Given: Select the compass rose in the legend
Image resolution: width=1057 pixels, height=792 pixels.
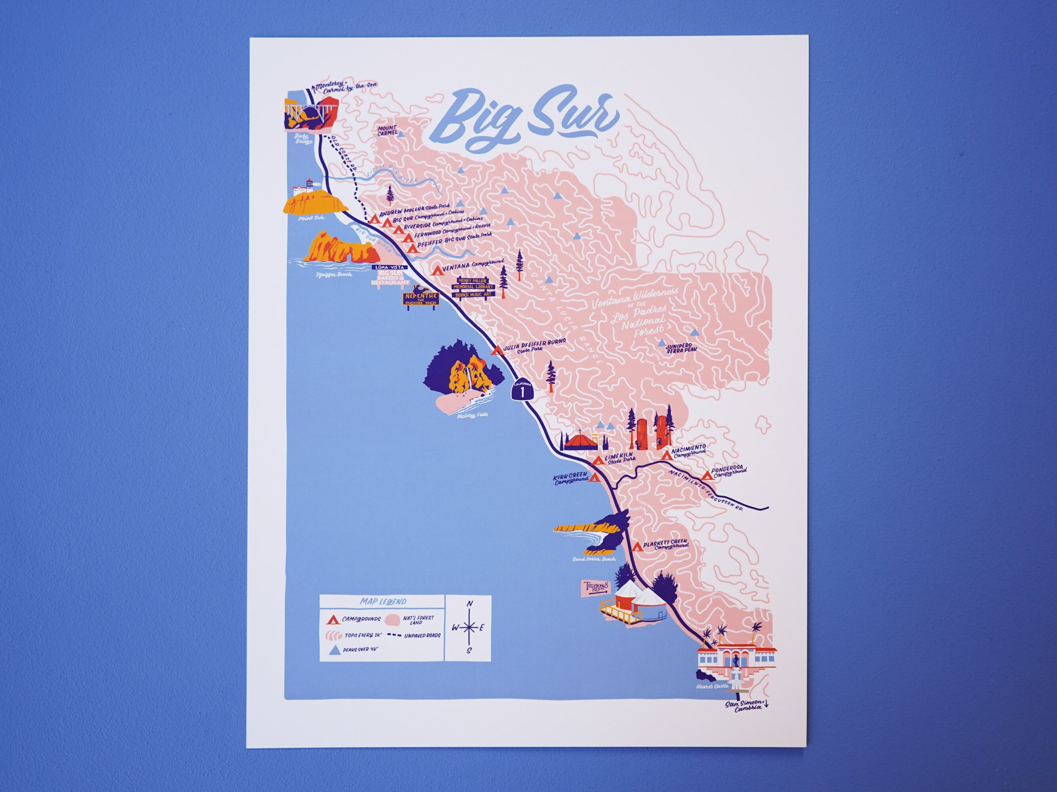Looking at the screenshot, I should (x=470, y=627).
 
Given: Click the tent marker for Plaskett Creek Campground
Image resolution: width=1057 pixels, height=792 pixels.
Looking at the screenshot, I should (x=637, y=547).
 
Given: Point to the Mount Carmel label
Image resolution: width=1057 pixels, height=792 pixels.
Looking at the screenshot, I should (x=387, y=131).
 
